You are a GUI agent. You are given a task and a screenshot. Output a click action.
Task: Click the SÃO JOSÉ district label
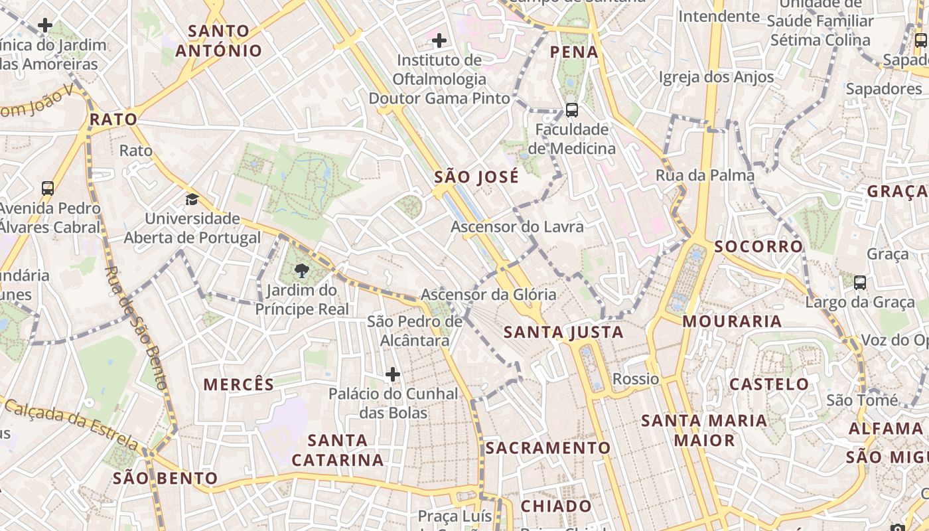click(x=476, y=177)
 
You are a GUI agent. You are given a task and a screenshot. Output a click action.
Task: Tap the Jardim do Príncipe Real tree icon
click(x=302, y=269)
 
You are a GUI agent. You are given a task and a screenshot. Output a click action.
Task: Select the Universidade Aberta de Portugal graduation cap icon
click(x=192, y=199)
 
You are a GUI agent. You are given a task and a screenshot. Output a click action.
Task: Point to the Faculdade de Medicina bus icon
click(x=571, y=110)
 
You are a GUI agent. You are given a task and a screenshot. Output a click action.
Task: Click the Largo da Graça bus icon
click(x=860, y=283)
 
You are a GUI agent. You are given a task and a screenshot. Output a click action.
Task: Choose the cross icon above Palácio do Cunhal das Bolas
click(x=393, y=375)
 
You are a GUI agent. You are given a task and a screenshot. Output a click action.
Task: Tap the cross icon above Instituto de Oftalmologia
click(x=439, y=41)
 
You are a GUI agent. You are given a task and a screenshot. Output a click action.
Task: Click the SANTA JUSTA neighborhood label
click(x=563, y=332)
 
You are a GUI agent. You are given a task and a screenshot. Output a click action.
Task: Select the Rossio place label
click(x=636, y=379)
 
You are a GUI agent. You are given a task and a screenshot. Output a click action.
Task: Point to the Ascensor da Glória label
click(x=488, y=294)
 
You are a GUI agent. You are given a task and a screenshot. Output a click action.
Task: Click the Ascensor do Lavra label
click(x=517, y=226)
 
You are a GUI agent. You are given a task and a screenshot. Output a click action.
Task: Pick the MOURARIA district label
click(x=732, y=321)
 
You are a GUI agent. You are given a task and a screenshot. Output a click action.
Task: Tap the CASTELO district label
click(x=769, y=384)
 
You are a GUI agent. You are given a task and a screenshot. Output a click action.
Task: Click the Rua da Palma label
click(x=705, y=175)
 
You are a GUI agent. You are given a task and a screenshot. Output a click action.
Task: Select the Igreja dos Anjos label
click(x=716, y=77)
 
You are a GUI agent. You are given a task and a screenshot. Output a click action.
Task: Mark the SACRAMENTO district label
click(x=547, y=448)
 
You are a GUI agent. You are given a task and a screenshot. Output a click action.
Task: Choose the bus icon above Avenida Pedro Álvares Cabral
click(x=47, y=189)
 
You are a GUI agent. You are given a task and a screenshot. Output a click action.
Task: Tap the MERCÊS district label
click(x=238, y=384)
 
